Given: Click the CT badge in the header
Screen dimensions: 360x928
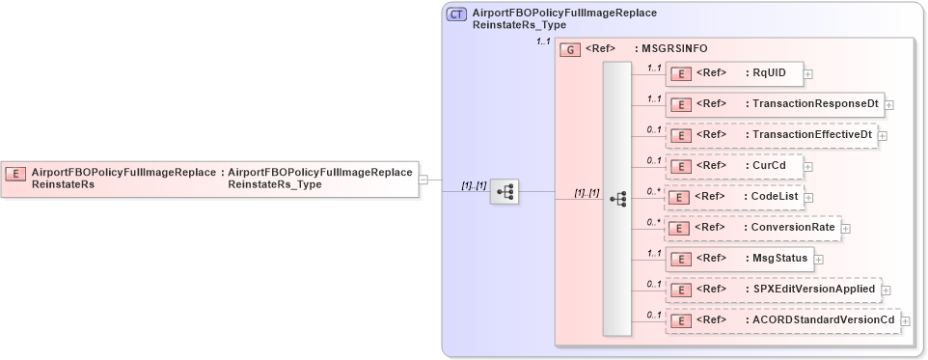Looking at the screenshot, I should point(457,14).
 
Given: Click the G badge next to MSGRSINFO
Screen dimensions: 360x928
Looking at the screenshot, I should point(569,47).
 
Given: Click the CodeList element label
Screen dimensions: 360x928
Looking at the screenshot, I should point(776,196).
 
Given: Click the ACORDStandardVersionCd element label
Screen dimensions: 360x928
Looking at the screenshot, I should point(820,319).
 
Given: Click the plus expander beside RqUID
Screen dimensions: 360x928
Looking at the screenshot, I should point(808,73).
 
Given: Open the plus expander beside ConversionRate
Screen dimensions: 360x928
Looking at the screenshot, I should point(846,229).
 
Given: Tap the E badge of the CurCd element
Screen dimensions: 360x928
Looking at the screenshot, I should point(680,165).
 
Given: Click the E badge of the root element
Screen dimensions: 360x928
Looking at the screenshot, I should point(15,174).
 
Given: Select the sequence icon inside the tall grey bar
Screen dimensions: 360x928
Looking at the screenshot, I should point(617,199).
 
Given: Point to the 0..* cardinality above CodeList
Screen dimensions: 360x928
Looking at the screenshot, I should point(654,190).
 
